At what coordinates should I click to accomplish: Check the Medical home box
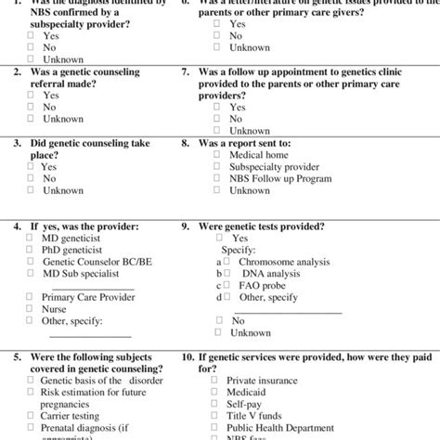[216, 155]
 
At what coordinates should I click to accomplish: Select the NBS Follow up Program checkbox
[216, 179]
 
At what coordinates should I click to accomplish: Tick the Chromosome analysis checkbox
[226, 262]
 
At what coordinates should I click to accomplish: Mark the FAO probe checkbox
[226, 286]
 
